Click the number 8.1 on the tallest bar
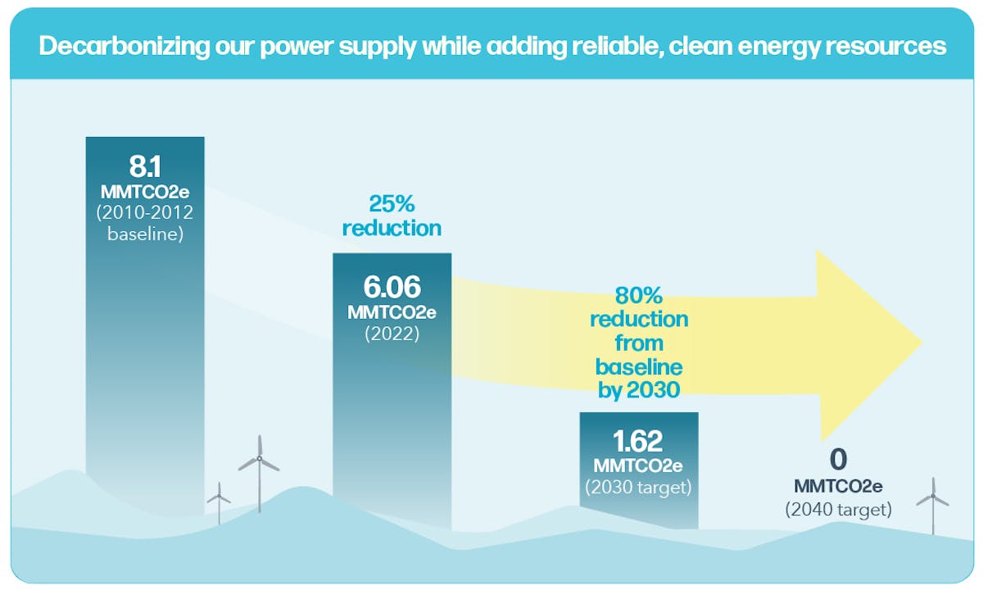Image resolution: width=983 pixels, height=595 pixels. (145, 166)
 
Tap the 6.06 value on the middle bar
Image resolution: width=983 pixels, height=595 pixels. (392, 287)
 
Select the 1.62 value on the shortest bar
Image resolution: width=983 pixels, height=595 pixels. (639, 443)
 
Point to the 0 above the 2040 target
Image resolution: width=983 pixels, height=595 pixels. (838, 459)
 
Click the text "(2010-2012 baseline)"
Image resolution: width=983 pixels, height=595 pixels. (145, 224)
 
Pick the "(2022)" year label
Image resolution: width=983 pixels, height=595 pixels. (392, 334)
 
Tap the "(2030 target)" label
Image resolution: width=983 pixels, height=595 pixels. (639, 487)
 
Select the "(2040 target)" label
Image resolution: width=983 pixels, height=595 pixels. (838, 509)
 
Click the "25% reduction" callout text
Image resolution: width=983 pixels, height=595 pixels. (392, 215)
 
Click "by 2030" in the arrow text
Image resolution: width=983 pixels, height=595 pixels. (639, 389)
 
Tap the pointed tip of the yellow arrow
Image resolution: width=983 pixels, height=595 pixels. (921, 343)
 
